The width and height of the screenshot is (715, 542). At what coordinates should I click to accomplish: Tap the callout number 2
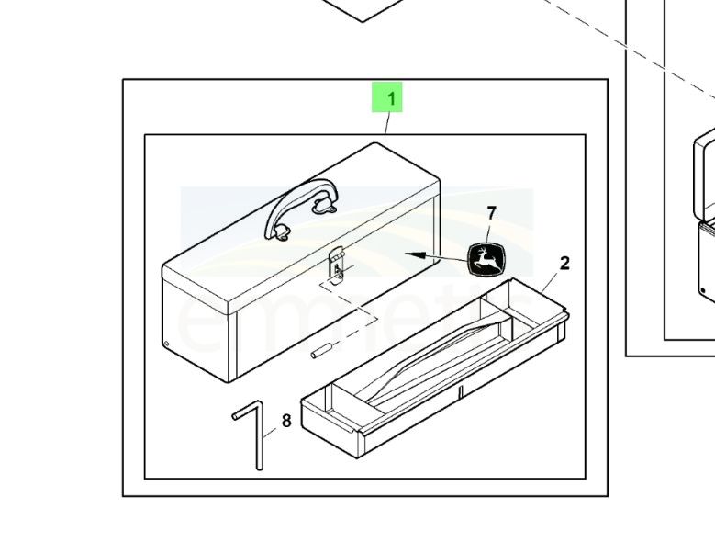point(564,264)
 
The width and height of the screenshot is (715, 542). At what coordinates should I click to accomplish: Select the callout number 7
point(492,213)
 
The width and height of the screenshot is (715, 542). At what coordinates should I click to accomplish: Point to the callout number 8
point(286,421)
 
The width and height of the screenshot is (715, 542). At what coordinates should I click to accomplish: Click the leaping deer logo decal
point(486,259)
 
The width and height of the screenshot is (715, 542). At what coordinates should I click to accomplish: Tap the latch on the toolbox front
point(337,264)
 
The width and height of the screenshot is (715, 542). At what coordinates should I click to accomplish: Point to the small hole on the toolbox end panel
point(166,345)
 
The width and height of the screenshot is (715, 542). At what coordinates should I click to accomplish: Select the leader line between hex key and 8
point(273,427)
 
